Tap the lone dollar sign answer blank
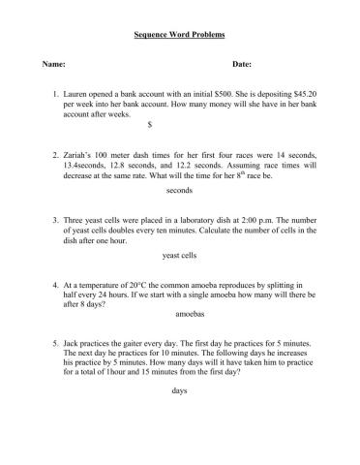[148, 123]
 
